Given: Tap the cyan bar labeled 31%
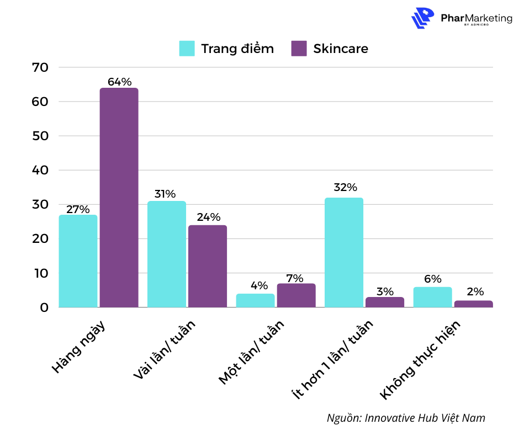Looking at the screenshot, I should pyautogui.click(x=166, y=254).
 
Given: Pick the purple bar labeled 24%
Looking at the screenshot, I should pyautogui.click(x=207, y=266).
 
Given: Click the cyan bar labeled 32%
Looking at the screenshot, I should pyautogui.click(x=343, y=252).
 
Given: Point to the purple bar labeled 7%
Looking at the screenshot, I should pyautogui.click(x=296, y=295).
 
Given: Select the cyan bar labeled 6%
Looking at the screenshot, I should pyautogui.click(x=432, y=297).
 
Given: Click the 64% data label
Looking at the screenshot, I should pyautogui.click(x=119, y=82).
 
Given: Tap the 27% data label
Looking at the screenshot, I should pyautogui.click(x=78, y=209).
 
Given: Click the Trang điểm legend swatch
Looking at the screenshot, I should pyautogui.click(x=187, y=49).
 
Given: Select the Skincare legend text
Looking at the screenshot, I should pyautogui.click(x=340, y=49).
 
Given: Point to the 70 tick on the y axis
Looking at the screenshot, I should pyautogui.click(x=41, y=67).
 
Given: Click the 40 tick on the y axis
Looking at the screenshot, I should pyautogui.click(x=41, y=171).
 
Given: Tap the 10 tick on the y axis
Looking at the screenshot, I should pyautogui.click(x=41, y=273).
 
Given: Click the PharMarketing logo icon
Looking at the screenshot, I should pyautogui.click(x=423, y=18).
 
